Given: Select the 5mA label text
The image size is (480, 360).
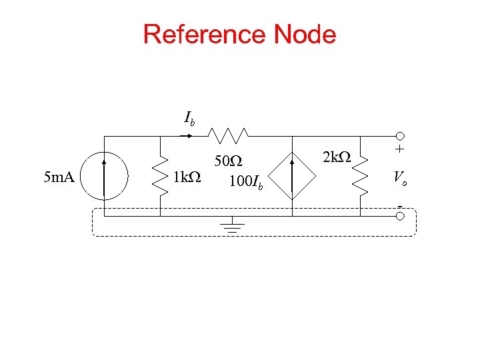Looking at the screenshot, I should pyautogui.click(x=58, y=177).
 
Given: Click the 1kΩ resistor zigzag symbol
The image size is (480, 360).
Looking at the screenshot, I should pyautogui.click(x=160, y=177).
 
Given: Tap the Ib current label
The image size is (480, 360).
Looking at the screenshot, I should pyautogui.click(x=190, y=120).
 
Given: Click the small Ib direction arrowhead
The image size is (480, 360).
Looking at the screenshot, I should pyautogui.click(x=191, y=136).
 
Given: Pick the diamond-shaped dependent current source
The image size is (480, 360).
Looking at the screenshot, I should pyautogui.click(x=292, y=177).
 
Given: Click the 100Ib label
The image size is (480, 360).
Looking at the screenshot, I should pyautogui.click(x=245, y=181).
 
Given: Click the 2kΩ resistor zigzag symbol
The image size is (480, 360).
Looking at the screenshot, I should pyautogui.click(x=360, y=177).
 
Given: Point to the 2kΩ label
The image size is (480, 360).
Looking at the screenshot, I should pyautogui.click(x=336, y=158).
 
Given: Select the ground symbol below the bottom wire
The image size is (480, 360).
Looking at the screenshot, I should pyautogui.click(x=232, y=225).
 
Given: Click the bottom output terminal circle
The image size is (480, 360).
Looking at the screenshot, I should pyautogui.click(x=400, y=216).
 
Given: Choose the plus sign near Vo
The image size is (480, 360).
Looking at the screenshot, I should pyautogui.click(x=400, y=149).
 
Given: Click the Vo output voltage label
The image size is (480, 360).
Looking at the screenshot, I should pyautogui.click(x=400, y=178).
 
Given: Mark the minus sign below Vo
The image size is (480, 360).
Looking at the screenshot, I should pyautogui.click(x=399, y=205).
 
